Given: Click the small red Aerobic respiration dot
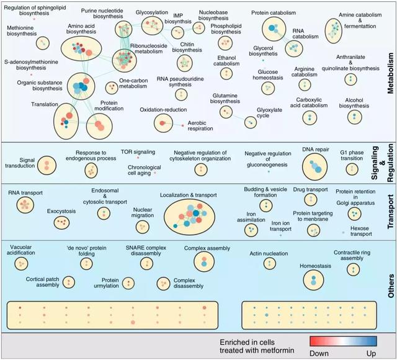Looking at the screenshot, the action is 182,125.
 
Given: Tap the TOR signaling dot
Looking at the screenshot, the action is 138,158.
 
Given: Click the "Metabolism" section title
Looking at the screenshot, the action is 391,73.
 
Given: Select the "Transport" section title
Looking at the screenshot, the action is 391,212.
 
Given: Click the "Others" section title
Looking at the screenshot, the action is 391,286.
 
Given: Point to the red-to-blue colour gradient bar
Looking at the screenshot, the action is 343,341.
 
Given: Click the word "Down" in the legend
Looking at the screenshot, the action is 319,353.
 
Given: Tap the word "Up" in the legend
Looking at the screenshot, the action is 371,353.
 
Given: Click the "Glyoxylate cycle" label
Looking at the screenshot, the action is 269,113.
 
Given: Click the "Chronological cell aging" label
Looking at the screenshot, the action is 145,170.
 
